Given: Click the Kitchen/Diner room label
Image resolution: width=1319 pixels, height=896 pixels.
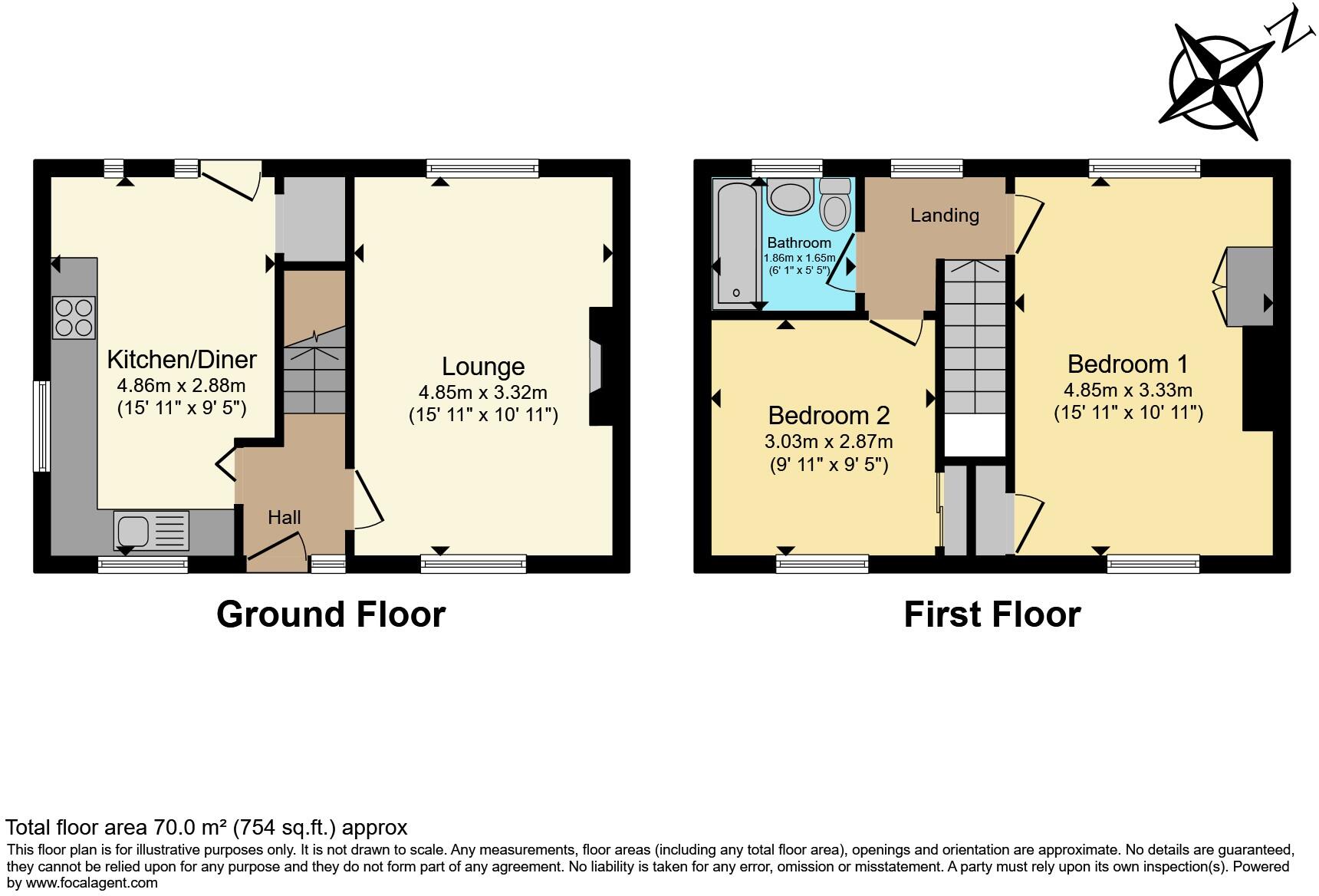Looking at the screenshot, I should click(181, 359).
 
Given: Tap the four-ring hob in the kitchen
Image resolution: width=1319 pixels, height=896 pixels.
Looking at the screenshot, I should click(74, 318).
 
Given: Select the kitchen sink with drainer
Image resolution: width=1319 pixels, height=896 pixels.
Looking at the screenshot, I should click(151, 530).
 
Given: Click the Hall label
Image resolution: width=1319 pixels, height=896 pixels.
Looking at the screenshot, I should click(284, 518).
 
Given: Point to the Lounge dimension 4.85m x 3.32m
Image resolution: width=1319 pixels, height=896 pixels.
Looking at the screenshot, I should click(482, 393).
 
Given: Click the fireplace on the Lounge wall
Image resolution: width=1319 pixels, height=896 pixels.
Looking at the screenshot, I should click(596, 367).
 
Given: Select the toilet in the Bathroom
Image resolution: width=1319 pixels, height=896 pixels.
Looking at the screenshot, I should click(834, 203).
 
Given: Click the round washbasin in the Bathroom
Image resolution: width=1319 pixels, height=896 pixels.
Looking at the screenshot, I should click(790, 196).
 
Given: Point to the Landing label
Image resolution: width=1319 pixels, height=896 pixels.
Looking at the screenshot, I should click(944, 216).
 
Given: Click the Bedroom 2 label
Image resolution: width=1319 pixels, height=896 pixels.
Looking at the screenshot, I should click(828, 416).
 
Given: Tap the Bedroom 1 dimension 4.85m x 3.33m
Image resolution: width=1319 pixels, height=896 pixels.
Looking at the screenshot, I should click(1127, 390).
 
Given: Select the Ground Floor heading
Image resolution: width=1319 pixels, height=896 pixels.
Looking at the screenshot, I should click(331, 614).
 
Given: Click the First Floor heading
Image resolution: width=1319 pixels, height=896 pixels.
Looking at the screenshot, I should click(992, 614).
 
